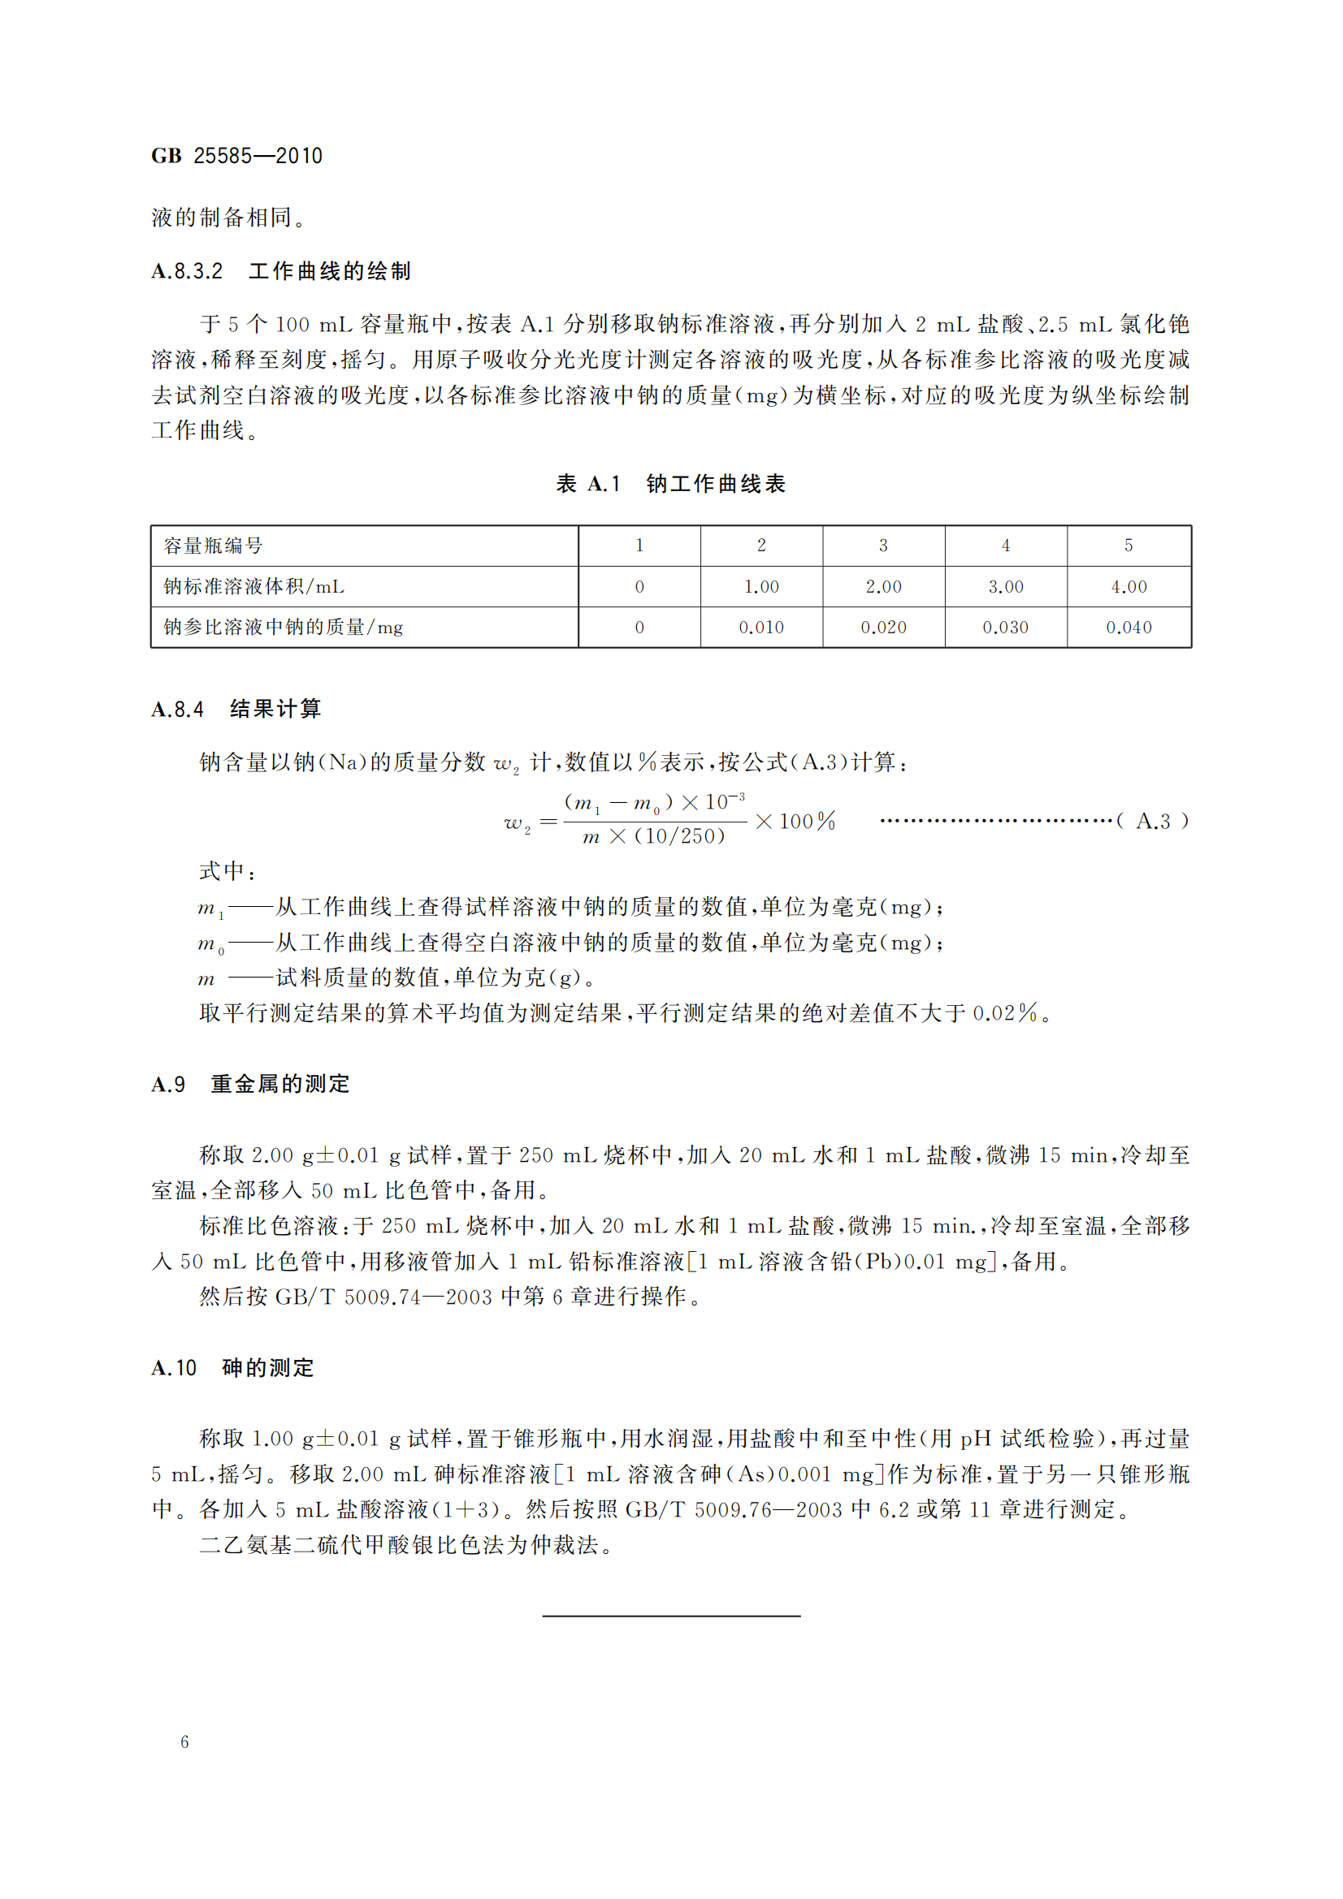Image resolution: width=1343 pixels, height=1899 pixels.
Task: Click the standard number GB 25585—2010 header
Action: pyautogui.click(x=236, y=156)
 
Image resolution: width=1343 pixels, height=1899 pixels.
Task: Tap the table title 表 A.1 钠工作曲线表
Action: pyautogui.click(x=670, y=484)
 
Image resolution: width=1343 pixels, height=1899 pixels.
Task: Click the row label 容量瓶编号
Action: pyautogui.click(x=214, y=546)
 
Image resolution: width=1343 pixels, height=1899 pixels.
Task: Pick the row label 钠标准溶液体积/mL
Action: pyautogui.click(x=254, y=586)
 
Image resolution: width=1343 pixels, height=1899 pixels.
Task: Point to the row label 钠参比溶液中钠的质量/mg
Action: pyautogui.click(x=283, y=627)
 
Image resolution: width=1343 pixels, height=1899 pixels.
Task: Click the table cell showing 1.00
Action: pyautogui.click(x=760, y=586)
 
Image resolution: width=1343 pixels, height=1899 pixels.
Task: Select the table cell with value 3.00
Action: pyautogui.click(x=1005, y=586)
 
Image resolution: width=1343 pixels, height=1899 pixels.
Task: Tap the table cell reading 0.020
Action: pyautogui.click(x=883, y=627)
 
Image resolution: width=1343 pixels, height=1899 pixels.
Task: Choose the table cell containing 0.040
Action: pyautogui.click(x=1129, y=627)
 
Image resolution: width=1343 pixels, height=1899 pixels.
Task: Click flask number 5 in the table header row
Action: pyautogui.click(x=1128, y=546)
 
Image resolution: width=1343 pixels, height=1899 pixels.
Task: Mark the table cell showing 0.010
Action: pyautogui.click(x=760, y=627)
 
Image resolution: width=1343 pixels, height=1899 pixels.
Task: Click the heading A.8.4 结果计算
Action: pyautogui.click(x=236, y=709)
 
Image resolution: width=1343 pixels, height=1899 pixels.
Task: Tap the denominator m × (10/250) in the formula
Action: pyautogui.click(x=654, y=837)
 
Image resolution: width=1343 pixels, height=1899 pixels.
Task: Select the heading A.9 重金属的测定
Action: pyautogui.click(x=251, y=1084)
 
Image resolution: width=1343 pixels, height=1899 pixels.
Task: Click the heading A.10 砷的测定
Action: pyautogui.click(x=232, y=1367)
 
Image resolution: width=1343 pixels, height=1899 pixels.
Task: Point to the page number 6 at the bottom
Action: pyautogui.click(x=184, y=1741)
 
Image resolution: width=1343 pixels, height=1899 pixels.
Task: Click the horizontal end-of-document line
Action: pyautogui.click(x=671, y=1616)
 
